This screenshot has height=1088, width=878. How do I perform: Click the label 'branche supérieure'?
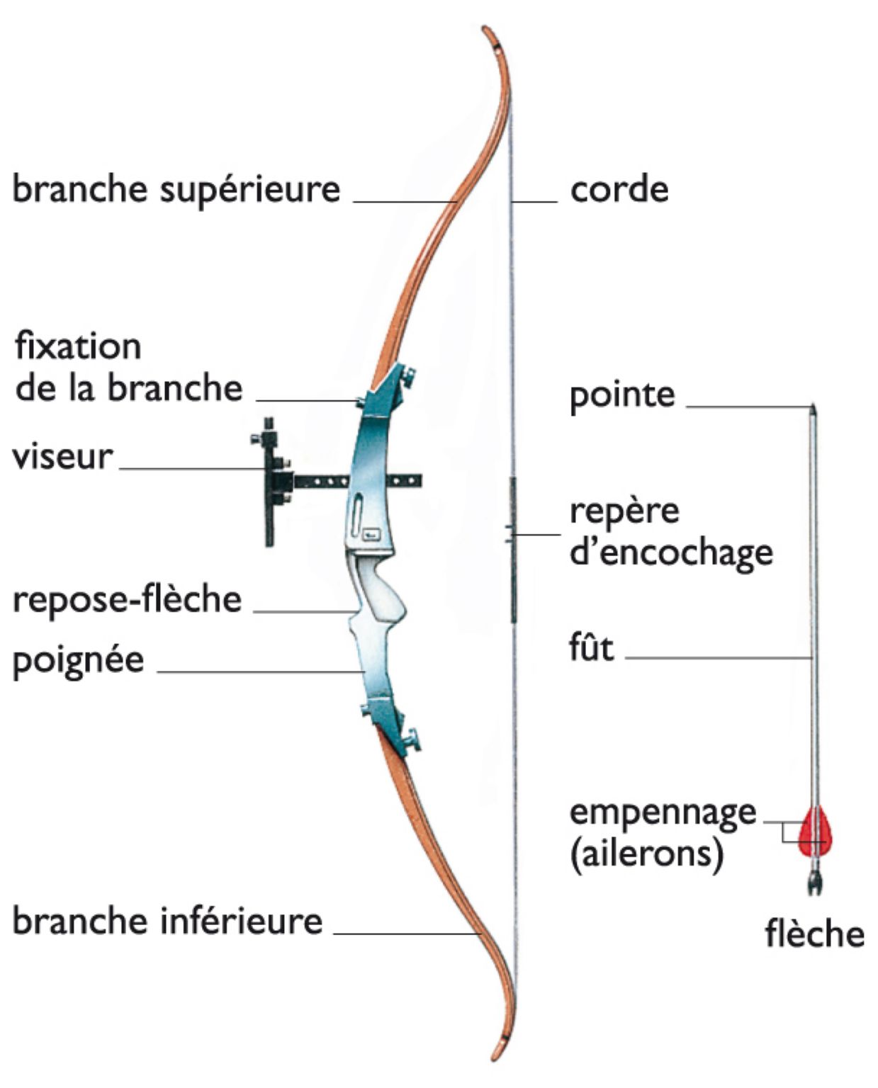coord(176,190)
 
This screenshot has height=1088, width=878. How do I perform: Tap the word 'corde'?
coord(619,190)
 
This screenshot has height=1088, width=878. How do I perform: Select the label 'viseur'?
coord(62,456)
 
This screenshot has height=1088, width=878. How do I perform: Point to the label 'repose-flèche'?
coord(128,599)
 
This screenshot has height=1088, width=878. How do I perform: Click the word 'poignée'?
coord(79,661)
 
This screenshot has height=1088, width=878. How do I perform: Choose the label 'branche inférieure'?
coord(168,921)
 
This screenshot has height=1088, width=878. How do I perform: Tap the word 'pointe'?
coord(622,395)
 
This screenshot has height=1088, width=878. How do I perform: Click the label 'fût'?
coord(591,647)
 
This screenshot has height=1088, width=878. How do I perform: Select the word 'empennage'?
coord(663,812)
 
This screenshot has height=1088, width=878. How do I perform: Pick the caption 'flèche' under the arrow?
coord(814,934)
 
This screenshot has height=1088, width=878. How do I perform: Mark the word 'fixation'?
coord(78,347)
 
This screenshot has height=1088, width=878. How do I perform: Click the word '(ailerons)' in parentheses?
coord(646,854)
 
